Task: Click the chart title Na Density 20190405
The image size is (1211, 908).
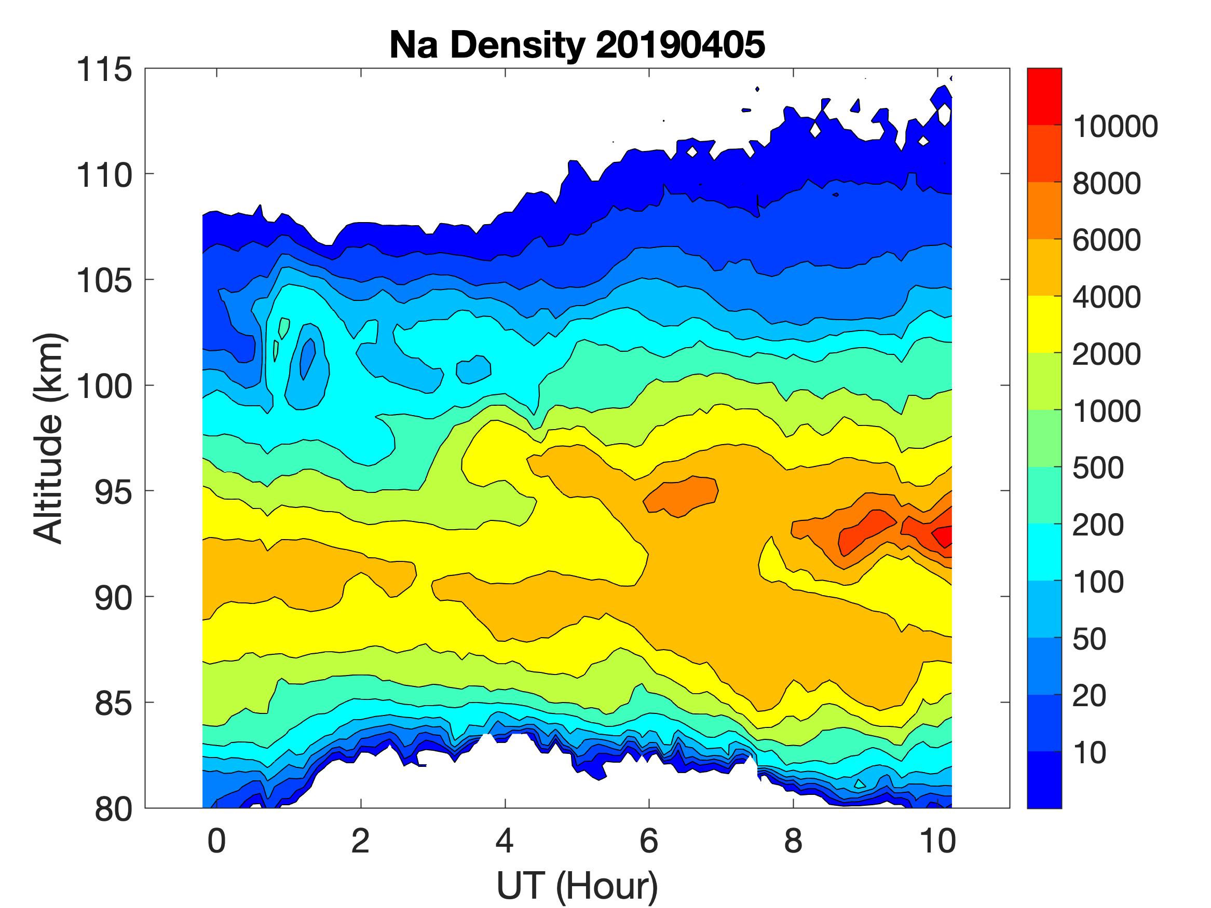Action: tap(577, 45)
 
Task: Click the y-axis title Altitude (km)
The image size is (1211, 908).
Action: tap(49, 438)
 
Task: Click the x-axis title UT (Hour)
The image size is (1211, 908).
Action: tap(577, 885)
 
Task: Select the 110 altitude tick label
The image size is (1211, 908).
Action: tap(104, 175)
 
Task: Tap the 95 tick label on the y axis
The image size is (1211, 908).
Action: tap(113, 492)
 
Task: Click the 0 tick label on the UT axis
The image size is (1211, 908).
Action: tap(216, 841)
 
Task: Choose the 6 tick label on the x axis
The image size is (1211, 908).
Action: tap(649, 841)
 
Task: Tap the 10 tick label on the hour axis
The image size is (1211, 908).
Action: tap(937, 841)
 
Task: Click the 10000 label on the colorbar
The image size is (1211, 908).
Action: tap(1114, 127)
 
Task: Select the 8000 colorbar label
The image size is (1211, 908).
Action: tap(1106, 184)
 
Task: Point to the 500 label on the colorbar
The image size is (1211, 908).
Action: tap(1098, 469)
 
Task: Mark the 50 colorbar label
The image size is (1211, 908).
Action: tap(1089, 639)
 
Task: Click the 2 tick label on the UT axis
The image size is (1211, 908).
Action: tap(360, 841)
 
